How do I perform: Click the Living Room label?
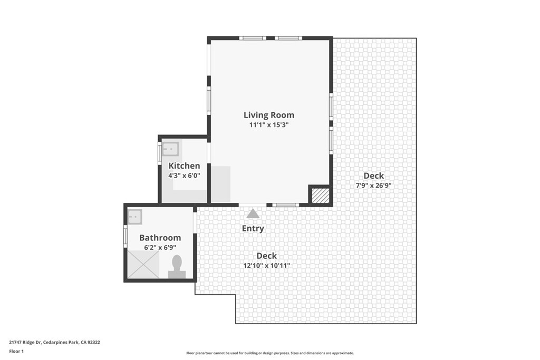coord(269,115)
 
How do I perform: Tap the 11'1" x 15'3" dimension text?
coord(269,124)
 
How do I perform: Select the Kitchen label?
coord(184,166)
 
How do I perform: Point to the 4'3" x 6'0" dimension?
coord(184,176)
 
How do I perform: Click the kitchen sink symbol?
coord(170,149)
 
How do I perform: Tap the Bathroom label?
coord(160,238)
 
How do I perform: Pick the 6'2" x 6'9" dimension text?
coord(160,247)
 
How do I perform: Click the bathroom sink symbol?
coord(135,217)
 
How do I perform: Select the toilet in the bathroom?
coord(177,267)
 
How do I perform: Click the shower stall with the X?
coord(143,264)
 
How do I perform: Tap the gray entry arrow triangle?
coord(253,213)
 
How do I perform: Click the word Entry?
coord(253,229)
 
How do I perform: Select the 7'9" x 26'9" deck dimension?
coord(374,186)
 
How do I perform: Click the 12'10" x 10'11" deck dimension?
coord(267,265)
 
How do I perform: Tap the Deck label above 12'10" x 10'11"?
coord(267,256)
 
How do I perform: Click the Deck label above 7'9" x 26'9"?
coord(374,176)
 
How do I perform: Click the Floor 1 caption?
coord(16,352)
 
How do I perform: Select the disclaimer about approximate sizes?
coord(270,353)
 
